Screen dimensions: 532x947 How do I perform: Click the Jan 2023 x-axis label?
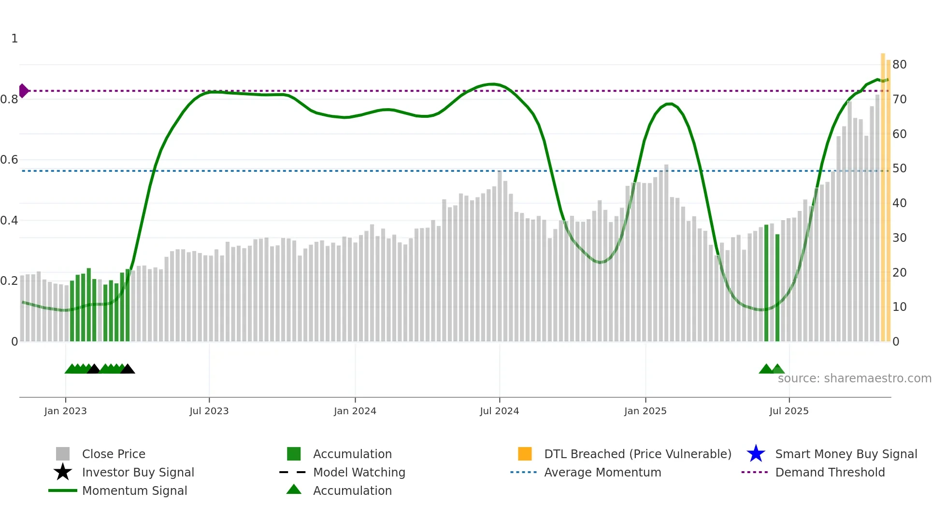[x=65, y=411]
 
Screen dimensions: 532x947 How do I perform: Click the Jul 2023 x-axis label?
[x=209, y=411]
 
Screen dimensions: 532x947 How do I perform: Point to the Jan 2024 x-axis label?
[x=355, y=411]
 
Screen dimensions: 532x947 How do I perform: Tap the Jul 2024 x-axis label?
[x=499, y=411]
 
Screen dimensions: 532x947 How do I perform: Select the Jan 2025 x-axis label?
[x=645, y=411]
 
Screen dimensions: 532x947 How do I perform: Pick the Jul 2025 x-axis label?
[x=789, y=411]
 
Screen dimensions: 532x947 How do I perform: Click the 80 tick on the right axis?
[x=899, y=65]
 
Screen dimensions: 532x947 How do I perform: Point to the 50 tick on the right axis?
[x=899, y=168]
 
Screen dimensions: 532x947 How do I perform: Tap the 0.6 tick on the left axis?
[x=9, y=160]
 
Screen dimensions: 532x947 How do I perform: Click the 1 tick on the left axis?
[x=14, y=39]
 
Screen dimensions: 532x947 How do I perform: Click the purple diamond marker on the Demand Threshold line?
[x=23, y=91]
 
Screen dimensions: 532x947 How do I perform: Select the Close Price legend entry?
[x=114, y=454]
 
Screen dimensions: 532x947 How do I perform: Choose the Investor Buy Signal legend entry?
[x=138, y=473]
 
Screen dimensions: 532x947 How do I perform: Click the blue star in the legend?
[x=756, y=454]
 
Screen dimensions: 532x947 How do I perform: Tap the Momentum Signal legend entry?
[x=134, y=491]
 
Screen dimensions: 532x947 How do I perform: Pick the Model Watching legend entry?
[x=359, y=473]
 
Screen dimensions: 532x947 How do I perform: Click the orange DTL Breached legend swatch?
[x=525, y=454]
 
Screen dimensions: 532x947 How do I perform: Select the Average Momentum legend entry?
[x=603, y=473]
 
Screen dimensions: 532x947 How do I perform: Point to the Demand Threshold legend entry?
[x=830, y=473]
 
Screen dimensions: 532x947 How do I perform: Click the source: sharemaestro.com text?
[x=854, y=378]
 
